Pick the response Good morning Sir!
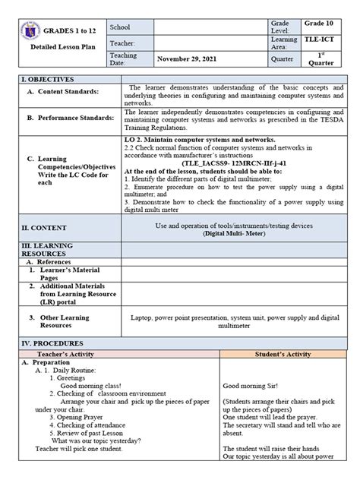(250, 386)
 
